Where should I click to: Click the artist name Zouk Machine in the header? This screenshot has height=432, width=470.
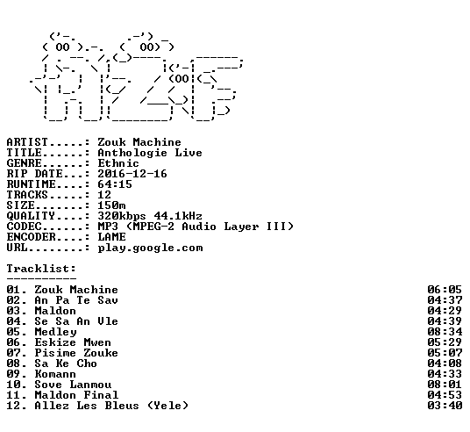coord(139,142)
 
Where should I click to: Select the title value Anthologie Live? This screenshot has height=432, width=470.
coord(150,153)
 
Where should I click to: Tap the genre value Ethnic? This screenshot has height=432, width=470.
coord(118,163)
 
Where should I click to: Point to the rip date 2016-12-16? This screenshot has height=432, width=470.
coord(132,174)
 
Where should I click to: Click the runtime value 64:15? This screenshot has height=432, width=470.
coord(115,184)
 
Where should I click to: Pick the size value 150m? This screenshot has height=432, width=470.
coord(111,205)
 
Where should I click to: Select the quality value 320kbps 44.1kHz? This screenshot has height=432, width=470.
coord(150,216)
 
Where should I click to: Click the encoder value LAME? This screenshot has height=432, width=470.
coord(111,237)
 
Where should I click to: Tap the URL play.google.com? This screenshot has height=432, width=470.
coord(150,248)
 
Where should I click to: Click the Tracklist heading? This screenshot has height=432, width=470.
coord(41,269)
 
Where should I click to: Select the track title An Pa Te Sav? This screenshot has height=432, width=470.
coord(76,300)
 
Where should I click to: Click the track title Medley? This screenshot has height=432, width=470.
coord(55,332)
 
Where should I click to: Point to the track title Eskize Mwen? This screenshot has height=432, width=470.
coord(73,342)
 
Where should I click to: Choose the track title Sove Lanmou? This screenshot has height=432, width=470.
coord(73,385)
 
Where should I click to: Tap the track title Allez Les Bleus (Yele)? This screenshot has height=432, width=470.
coord(111,406)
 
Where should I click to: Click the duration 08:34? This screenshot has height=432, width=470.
coord(445,332)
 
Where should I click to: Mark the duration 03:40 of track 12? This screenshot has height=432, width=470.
coord(445,406)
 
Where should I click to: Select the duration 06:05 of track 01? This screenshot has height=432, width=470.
coord(445,290)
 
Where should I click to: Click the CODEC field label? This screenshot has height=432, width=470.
coord(24,227)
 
